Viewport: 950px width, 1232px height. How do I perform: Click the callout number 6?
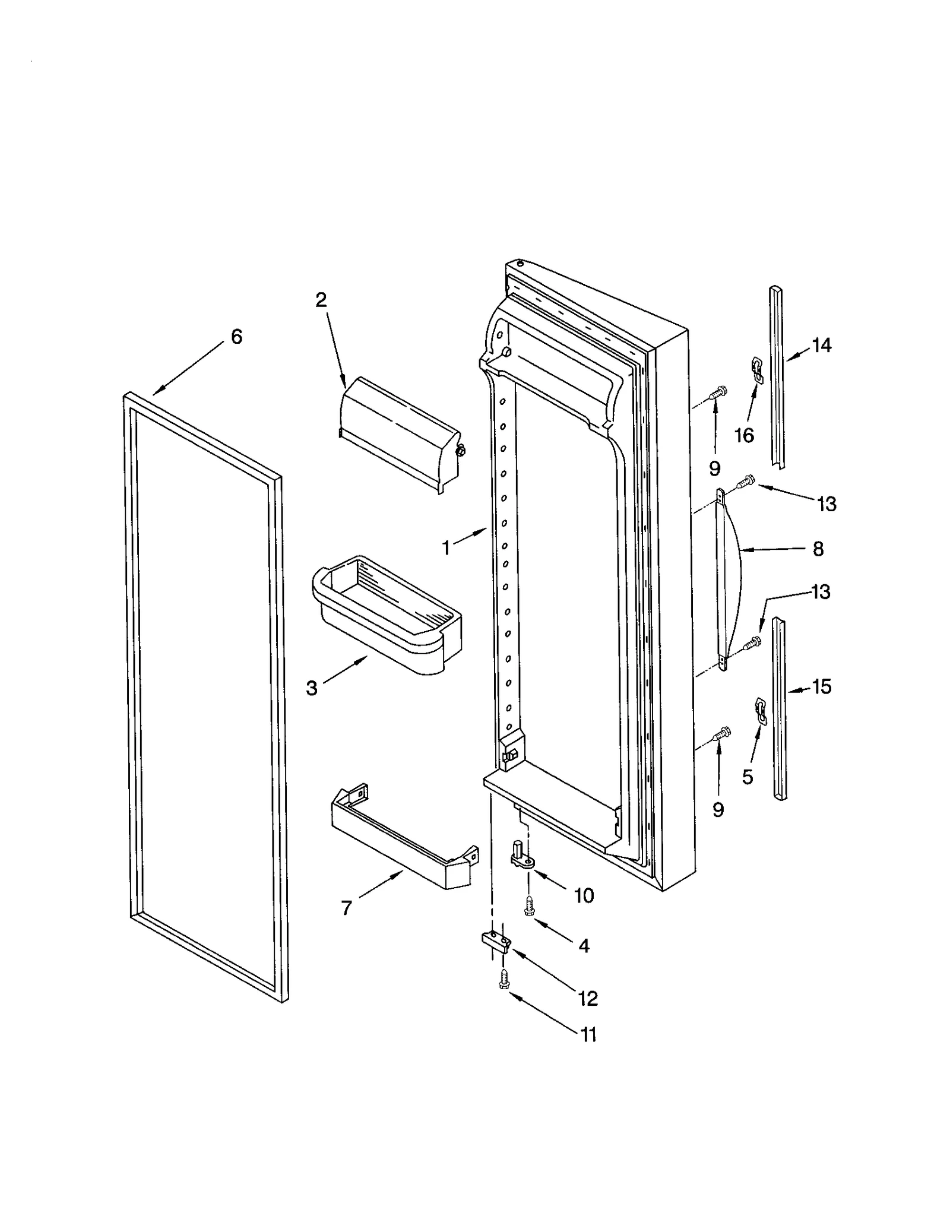tap(236, 337)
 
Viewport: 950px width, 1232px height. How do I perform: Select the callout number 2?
tap(321, 300)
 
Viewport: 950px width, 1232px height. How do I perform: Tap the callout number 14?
tap(821, 345)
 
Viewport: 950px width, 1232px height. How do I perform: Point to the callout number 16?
tap(744, 435)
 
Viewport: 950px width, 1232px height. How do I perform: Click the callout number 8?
tap(818, 549)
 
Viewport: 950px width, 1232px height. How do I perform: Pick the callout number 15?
tap(821, 687)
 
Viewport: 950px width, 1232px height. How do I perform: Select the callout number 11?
tap(588, 1035)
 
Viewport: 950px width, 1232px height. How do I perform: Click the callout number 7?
tap(347, 907)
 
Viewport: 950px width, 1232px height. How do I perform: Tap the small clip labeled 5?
tap(759, 710)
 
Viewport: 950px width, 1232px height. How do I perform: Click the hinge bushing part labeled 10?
tap(519, 855)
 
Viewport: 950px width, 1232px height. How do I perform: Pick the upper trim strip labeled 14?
tap(778, 380)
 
